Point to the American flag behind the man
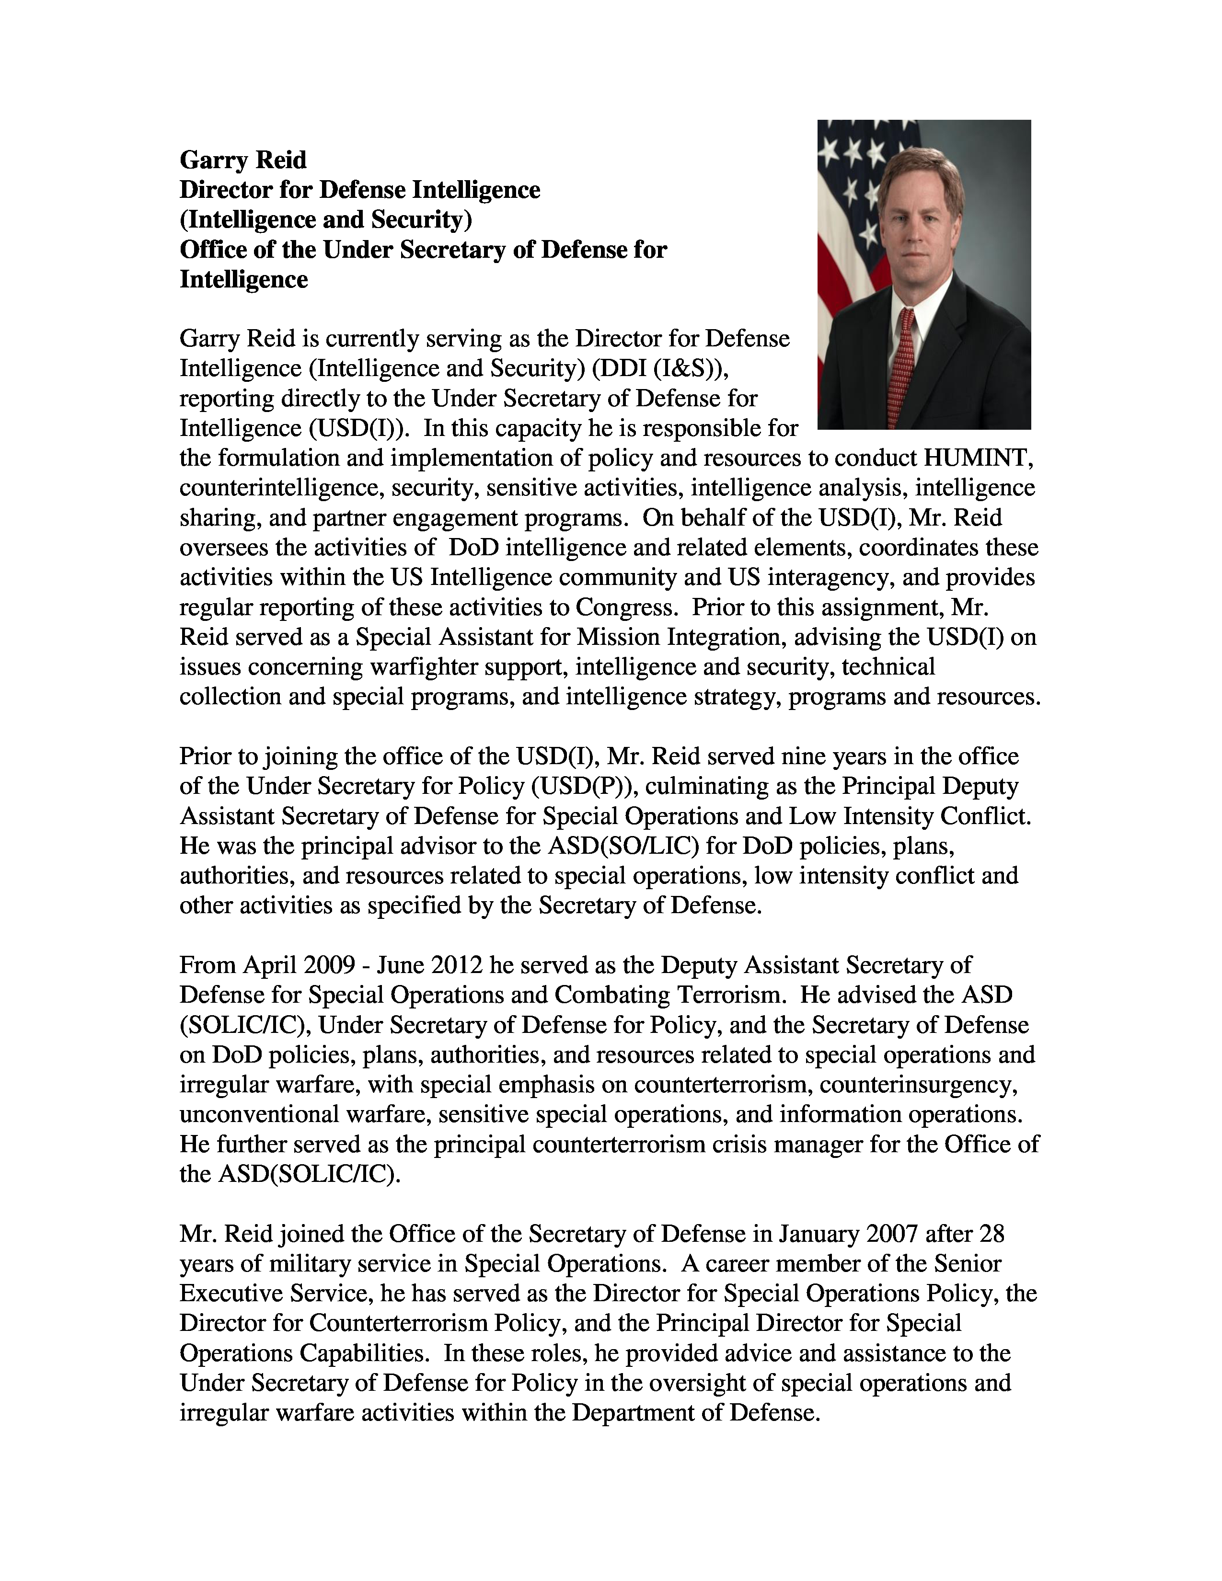coord(847,217)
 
